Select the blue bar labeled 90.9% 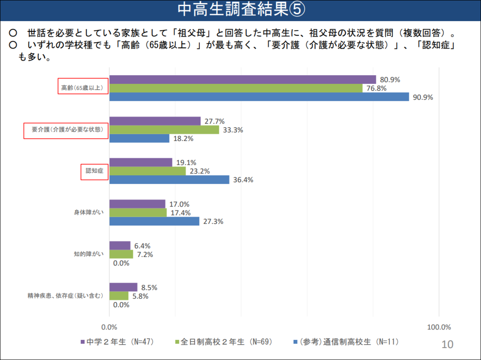point(259,97)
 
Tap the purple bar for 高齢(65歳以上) point(243,79)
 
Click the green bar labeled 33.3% point(164,130)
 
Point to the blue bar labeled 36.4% point(169,180)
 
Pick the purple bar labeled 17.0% point(138,204)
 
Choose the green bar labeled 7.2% point(121,254)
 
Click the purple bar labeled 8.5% point(123,287)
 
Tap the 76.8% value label point(376,88)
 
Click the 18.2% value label point(183,139)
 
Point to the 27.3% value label point(213,222)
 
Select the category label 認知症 point(94,171)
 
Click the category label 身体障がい point(89,213)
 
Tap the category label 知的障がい point(89,254)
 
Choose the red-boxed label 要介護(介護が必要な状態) point(64,130)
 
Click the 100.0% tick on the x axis point(439,327)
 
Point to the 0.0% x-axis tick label point(109,327)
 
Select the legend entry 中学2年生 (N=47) point(117,342)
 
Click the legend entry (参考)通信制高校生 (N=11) point(346,342)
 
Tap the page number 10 point(447,344)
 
